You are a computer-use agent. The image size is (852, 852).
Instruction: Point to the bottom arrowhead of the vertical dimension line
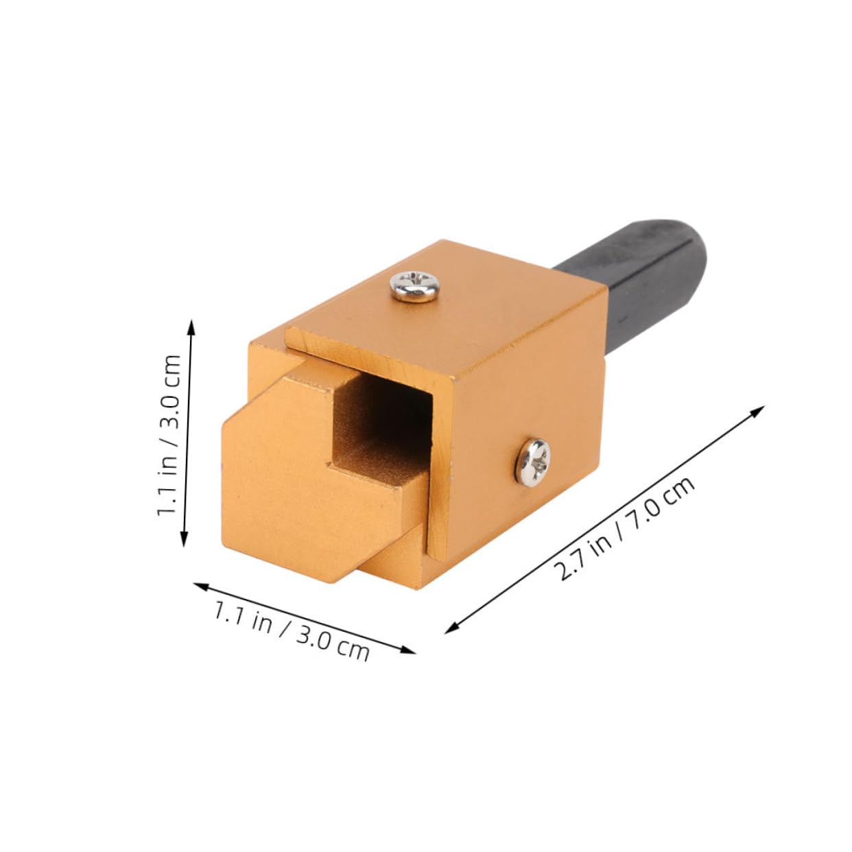coord(184,541)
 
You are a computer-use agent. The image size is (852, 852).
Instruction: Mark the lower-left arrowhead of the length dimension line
coord(450,629)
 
